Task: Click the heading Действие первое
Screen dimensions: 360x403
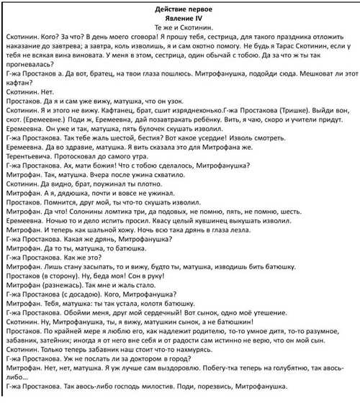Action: click(179, 7)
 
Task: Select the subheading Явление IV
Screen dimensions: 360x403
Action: click(180, 17)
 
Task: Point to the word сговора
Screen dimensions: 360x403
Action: click(161, 35)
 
